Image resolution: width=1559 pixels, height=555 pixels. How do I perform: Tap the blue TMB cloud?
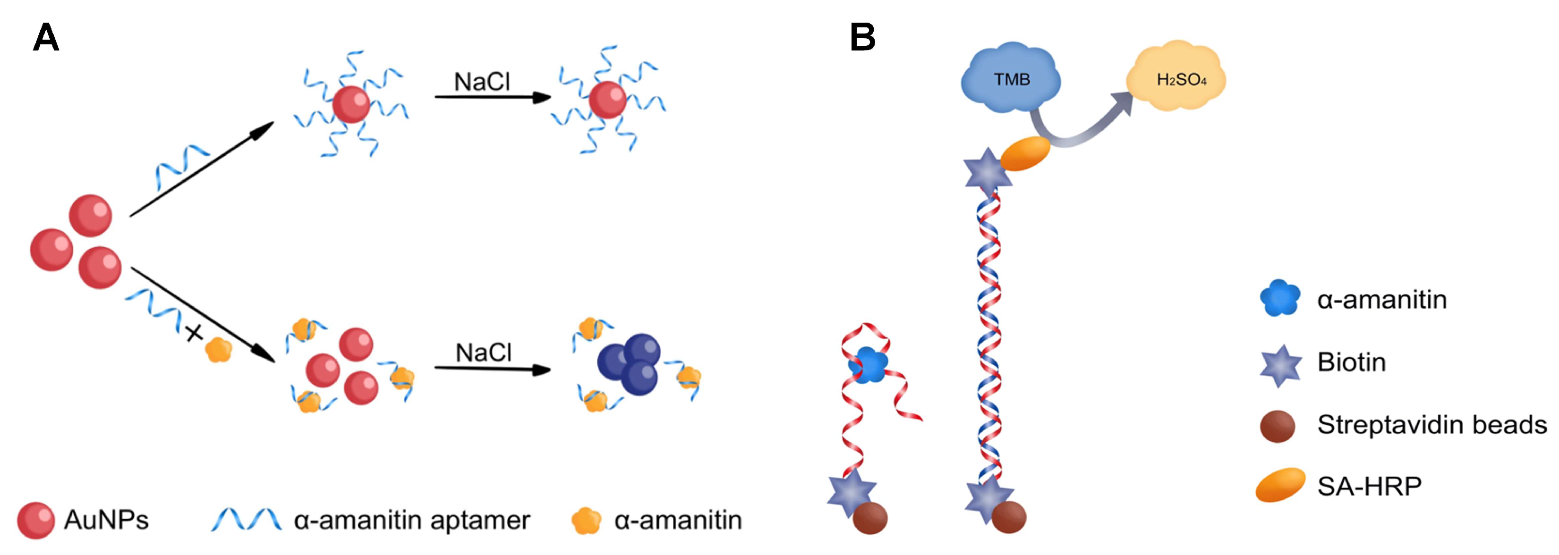point(1011,79)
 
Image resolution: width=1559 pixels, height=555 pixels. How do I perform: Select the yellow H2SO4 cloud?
point(1181,79)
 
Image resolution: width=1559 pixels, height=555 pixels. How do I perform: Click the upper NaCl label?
point(482,82)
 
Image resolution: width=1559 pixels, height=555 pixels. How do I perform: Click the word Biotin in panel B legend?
point(1351,362)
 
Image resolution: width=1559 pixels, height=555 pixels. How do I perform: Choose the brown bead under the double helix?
point(1009,517)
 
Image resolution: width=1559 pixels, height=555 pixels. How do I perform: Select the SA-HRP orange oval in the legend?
point(1280,485)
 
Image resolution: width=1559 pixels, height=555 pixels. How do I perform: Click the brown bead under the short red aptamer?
point(870,518)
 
